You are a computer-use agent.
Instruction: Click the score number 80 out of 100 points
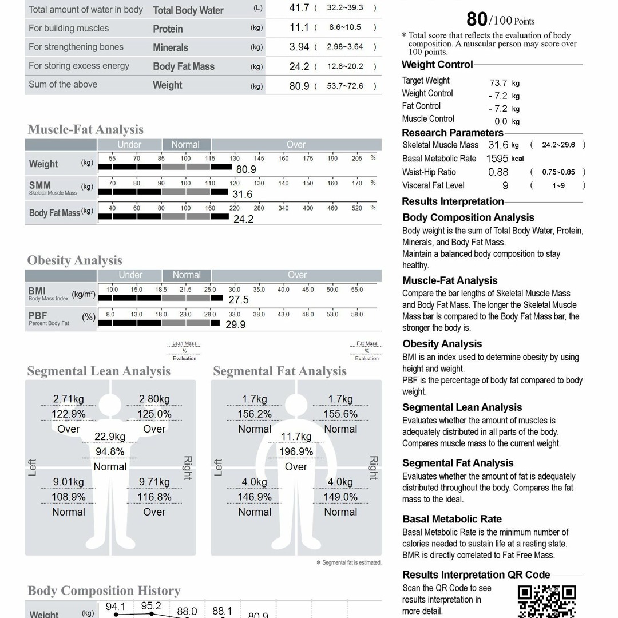click(x=477, y=19)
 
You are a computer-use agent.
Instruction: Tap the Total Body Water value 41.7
click(x=299, y=8)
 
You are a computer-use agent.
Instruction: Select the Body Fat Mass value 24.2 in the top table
click(x=299, y=66)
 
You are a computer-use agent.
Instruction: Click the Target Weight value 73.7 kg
click(x=498, y=83)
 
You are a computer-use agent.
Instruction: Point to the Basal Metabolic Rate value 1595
click(x=497, y=159)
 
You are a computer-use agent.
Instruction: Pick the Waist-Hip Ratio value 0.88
click(x=498, y=172)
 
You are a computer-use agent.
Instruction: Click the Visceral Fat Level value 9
click(x=505, y=185)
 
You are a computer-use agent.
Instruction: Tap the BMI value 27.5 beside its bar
click(x=238, y=300)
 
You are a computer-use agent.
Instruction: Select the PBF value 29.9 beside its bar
click(x=235, y=324)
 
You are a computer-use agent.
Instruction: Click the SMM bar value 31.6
click(x=242, y=194)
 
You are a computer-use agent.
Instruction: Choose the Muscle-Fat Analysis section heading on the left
click(x=85, y=129)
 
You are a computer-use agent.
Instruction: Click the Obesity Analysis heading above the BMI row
click(x=74, y=260)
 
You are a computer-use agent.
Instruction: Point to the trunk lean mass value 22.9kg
click(x=110, y=437)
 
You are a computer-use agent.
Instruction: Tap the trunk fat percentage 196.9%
click(x=296, y=451)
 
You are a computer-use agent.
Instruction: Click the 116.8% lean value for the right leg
click(x=154, y=497)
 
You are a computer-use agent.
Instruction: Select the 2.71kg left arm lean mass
click(x=69, y=399)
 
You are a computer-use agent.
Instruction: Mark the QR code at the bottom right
click(x=546, y=601)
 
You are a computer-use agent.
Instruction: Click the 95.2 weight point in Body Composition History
click(x=150, y=607)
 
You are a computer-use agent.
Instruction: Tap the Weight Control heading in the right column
click(x=437, y=65)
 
